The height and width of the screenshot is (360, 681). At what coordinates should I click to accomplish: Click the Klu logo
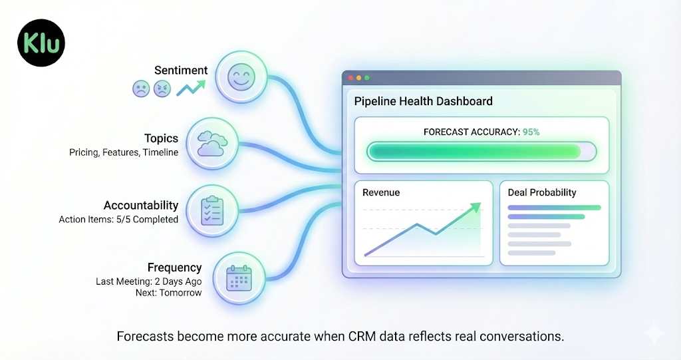(42, 43)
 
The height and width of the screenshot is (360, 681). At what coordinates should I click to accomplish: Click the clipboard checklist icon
(211, 210)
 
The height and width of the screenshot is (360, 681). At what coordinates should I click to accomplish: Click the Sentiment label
(181, 70)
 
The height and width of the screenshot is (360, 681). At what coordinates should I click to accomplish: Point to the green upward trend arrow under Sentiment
(192, 88)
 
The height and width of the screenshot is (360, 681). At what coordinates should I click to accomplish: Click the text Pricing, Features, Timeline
(124, 152)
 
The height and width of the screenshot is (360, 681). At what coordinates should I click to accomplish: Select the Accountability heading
(141, 205)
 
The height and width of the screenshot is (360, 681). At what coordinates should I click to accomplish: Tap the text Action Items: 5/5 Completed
(118, 219)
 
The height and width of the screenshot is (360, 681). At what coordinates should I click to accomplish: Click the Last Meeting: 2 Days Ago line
(148, 281)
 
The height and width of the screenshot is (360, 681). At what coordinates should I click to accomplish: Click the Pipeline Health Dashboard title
(423, 101)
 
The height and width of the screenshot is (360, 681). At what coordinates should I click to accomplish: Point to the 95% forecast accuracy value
(531, 132)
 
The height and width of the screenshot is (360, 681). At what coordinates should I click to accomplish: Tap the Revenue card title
(381, 192)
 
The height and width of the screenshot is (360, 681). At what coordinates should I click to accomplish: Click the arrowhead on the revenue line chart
(474, 208)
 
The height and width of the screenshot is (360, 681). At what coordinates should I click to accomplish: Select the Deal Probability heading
(542, 192)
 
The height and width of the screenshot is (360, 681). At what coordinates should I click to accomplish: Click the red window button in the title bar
(350, 78)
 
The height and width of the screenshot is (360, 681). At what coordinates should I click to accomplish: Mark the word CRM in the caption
(364, 336)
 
